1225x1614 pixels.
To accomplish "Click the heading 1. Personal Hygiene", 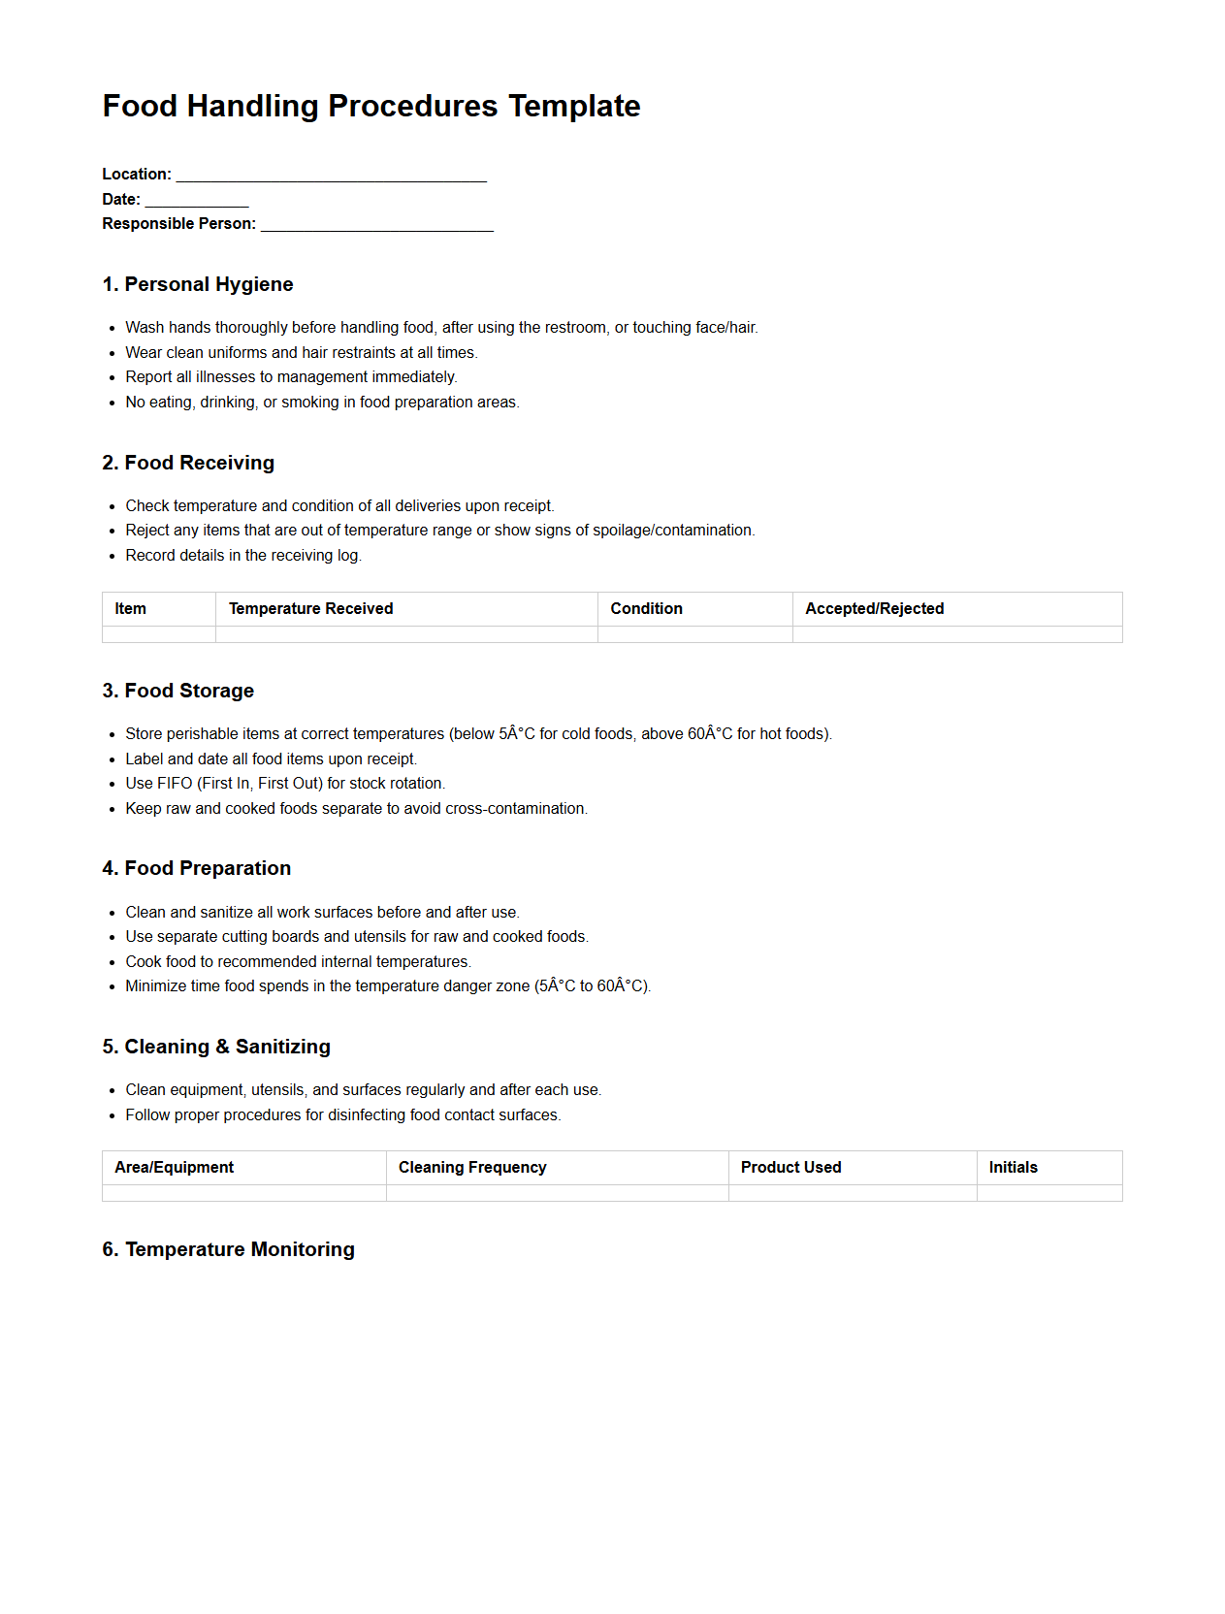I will point(198,284).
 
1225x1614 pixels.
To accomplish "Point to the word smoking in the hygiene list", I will point(310,403).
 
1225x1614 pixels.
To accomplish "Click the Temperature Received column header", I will point(310,609).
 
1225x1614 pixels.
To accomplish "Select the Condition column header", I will point(646,609).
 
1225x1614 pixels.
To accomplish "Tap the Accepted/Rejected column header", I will point(874,609).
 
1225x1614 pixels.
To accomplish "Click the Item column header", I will point(130,609).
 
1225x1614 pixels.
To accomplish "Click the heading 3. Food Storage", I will point(178,691).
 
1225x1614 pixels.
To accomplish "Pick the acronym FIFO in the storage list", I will point(175,784).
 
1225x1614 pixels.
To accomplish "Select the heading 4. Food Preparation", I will point(197,868).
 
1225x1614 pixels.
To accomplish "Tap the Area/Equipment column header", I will point(175,1168).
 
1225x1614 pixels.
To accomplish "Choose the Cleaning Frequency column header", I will point(472,1168).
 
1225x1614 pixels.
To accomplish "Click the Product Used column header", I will point(790,1168).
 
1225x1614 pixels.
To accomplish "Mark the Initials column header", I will point(1013,1168).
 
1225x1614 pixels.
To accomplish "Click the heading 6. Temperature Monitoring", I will point(229,1249).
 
